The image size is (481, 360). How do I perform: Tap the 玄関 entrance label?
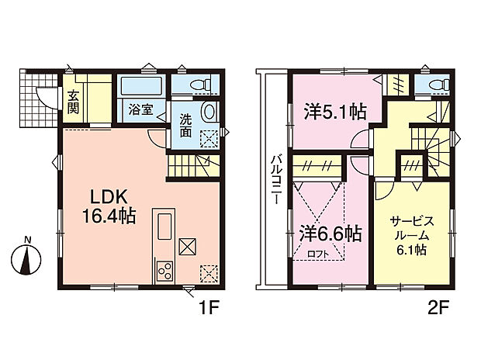73,102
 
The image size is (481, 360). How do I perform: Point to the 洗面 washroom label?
186,126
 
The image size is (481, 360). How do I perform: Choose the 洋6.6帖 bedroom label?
330,232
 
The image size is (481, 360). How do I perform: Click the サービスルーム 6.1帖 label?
410,234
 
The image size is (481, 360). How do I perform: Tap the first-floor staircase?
192,165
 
